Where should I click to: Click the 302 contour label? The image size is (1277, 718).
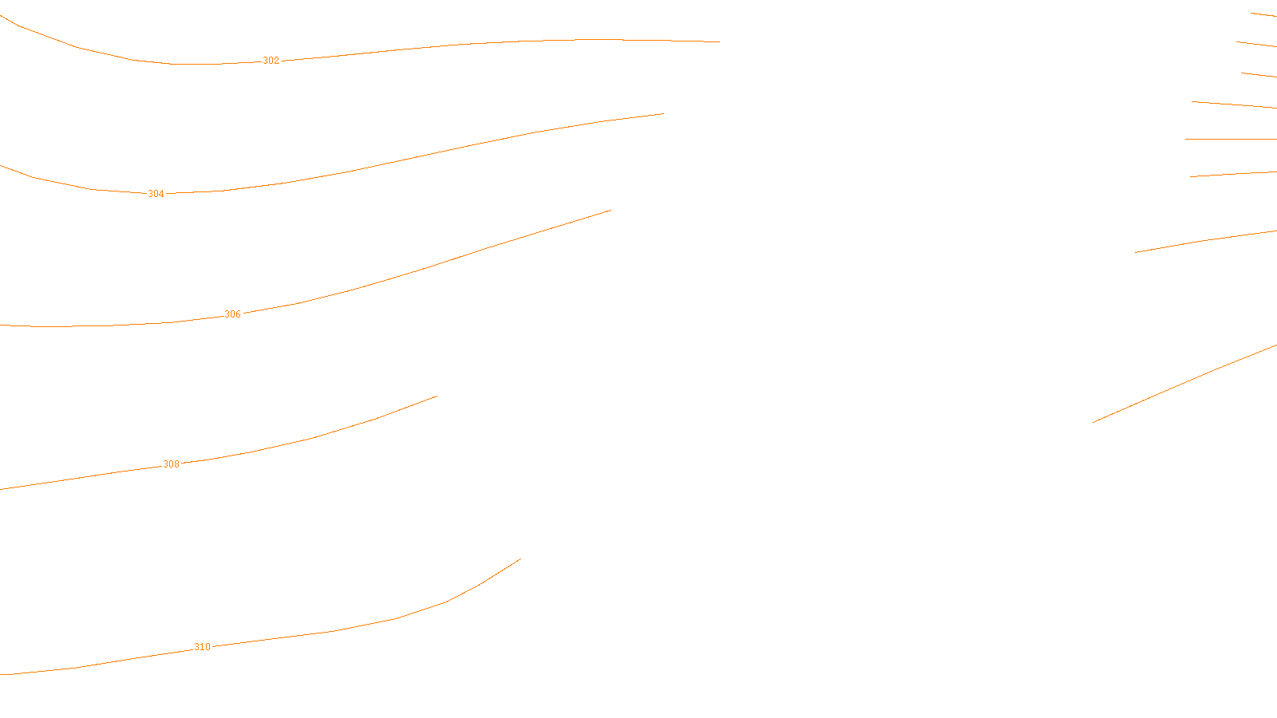[271, 61]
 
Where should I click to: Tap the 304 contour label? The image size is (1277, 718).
[156, 194]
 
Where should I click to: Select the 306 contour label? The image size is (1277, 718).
[232, 314]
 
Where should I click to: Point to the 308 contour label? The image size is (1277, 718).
[171, 464]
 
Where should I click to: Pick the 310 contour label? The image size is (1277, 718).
[202, 647]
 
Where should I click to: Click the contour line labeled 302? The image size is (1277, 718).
[479, 43]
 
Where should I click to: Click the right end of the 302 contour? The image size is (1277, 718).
[719, 41]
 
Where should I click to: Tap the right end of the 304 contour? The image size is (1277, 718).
[663, 113]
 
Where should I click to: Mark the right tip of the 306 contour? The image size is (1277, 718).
[611, 211]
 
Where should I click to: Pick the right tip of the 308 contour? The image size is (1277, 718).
[437, 396]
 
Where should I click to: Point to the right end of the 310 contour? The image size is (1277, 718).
[520, 558]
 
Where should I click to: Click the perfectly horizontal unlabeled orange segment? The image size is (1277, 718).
[1231, 139]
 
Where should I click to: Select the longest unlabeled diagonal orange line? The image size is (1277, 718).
[1185, 383]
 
